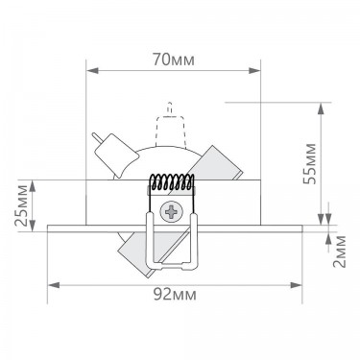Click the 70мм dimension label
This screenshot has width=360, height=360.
tap(174, 60)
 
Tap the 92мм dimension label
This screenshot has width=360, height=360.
tap(175, 295)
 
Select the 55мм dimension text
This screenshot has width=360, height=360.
tap(309, 164)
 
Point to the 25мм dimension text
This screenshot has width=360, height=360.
tap(22, 205)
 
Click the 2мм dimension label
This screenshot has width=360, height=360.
tap(339, 252)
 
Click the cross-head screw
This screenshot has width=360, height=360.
tap(172, 211)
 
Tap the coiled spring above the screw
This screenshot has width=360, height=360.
tap(172, 182)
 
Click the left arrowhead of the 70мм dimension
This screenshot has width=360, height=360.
tap(92, 71)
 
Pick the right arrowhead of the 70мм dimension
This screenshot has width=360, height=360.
tap(254, 71)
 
